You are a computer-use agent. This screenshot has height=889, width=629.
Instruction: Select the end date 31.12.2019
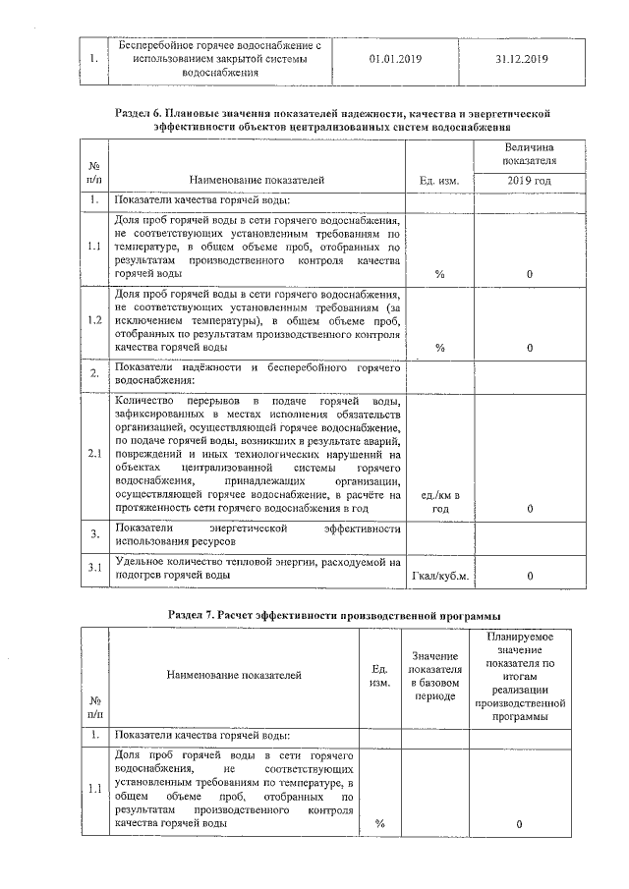pos(521,59)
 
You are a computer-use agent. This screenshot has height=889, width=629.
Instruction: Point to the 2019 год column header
pos(529,181)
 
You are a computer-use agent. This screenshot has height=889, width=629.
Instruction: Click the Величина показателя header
pos(529,152)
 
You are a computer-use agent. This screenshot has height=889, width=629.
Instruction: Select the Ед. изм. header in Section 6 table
pos(439,181)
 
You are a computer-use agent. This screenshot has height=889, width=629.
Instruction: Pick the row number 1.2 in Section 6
pos(93,320)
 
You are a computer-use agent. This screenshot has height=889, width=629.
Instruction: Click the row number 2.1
pos(93,454)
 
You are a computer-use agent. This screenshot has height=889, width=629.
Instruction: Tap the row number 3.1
pos(93,568)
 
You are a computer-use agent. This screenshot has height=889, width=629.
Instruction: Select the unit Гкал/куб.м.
pos(439,576)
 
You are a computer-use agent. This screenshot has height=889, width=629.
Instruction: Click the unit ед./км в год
pos(439,503)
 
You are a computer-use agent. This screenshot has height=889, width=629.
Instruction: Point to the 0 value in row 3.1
pos(529,576)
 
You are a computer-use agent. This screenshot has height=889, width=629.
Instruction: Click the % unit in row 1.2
pos(439,348)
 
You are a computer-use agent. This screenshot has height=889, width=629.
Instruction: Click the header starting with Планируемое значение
pos(518,677)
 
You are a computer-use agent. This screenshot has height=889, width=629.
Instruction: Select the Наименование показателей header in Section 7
pos(233,675)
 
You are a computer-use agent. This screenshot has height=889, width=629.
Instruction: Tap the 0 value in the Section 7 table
pos(518,824)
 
